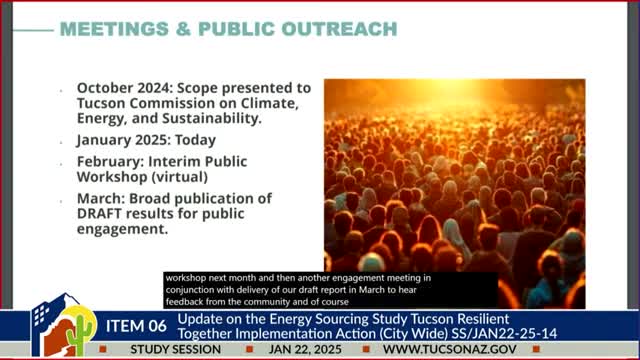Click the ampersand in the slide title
click(x=183, y=29)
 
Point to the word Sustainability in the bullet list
click(x=211, y=118)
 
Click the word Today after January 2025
click(x=196, y=140)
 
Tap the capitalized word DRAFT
click(x=99, y=213)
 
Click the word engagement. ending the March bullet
click(x=122, y=229)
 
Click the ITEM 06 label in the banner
click(x=136, y=326)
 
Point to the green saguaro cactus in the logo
click(x=80, y=335)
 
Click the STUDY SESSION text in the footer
click(x=176, y=350)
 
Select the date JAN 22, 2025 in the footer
click(x=305, y=350)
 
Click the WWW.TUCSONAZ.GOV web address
click(x=450, y=350)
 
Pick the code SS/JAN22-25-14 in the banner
click(x=504, y=333)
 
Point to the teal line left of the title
click(x=33, y=30)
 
